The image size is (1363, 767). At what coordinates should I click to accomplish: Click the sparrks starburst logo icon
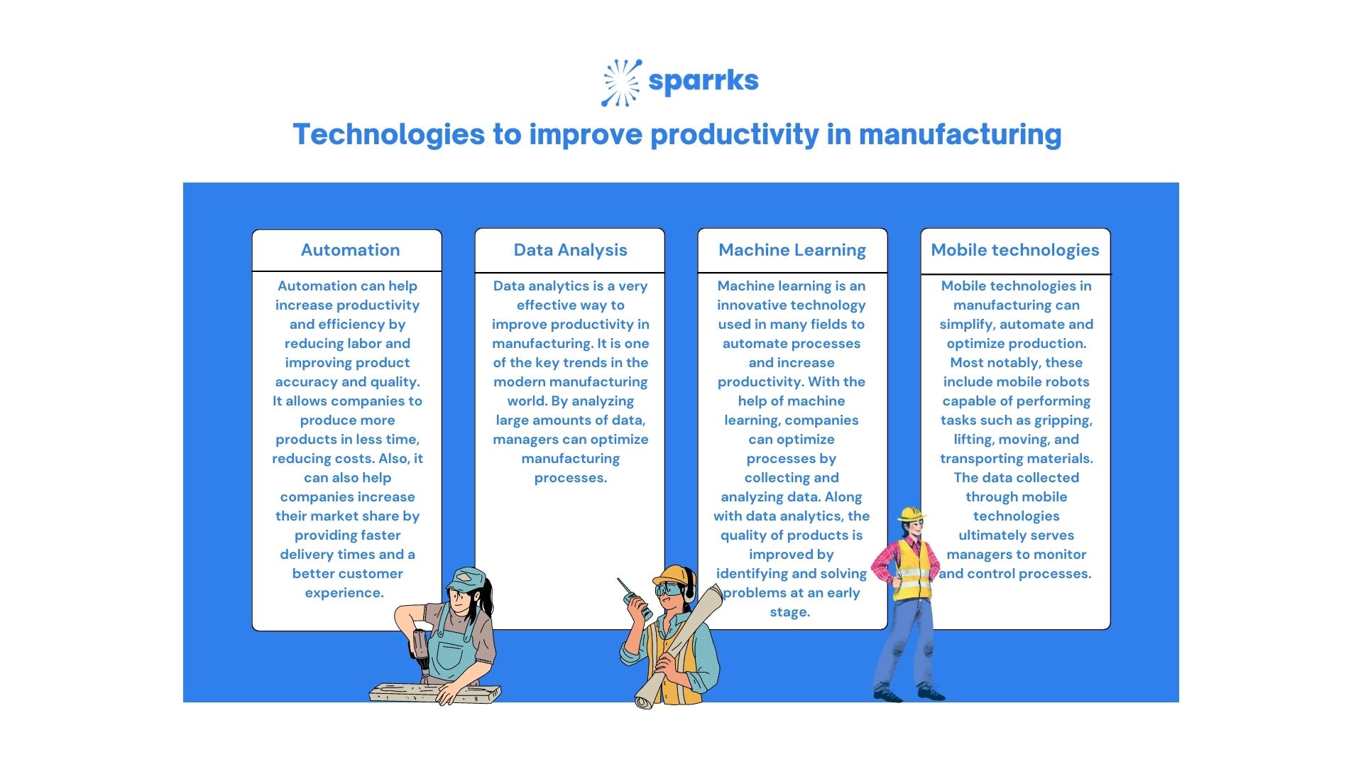(x=621, y=82)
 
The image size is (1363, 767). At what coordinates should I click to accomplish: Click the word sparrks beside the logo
(x=703, y=81)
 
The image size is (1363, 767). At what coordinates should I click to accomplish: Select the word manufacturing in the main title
(x=960, y=134)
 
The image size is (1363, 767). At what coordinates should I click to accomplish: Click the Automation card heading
(x=350, y=250)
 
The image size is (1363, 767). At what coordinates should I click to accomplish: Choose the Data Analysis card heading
(x=570, y=250)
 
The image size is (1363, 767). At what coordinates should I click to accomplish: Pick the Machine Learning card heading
(x=792, y=250)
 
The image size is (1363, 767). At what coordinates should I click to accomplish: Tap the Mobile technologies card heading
(x=1014, y=250)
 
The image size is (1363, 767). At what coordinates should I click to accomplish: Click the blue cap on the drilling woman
(x=469, y=578)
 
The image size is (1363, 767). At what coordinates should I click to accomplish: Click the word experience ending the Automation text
(x=344, y=593)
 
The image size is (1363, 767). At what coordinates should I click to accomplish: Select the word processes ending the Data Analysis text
(x=570, y=478)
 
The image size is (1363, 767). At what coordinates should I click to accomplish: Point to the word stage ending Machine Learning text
(x=789, y=612)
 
